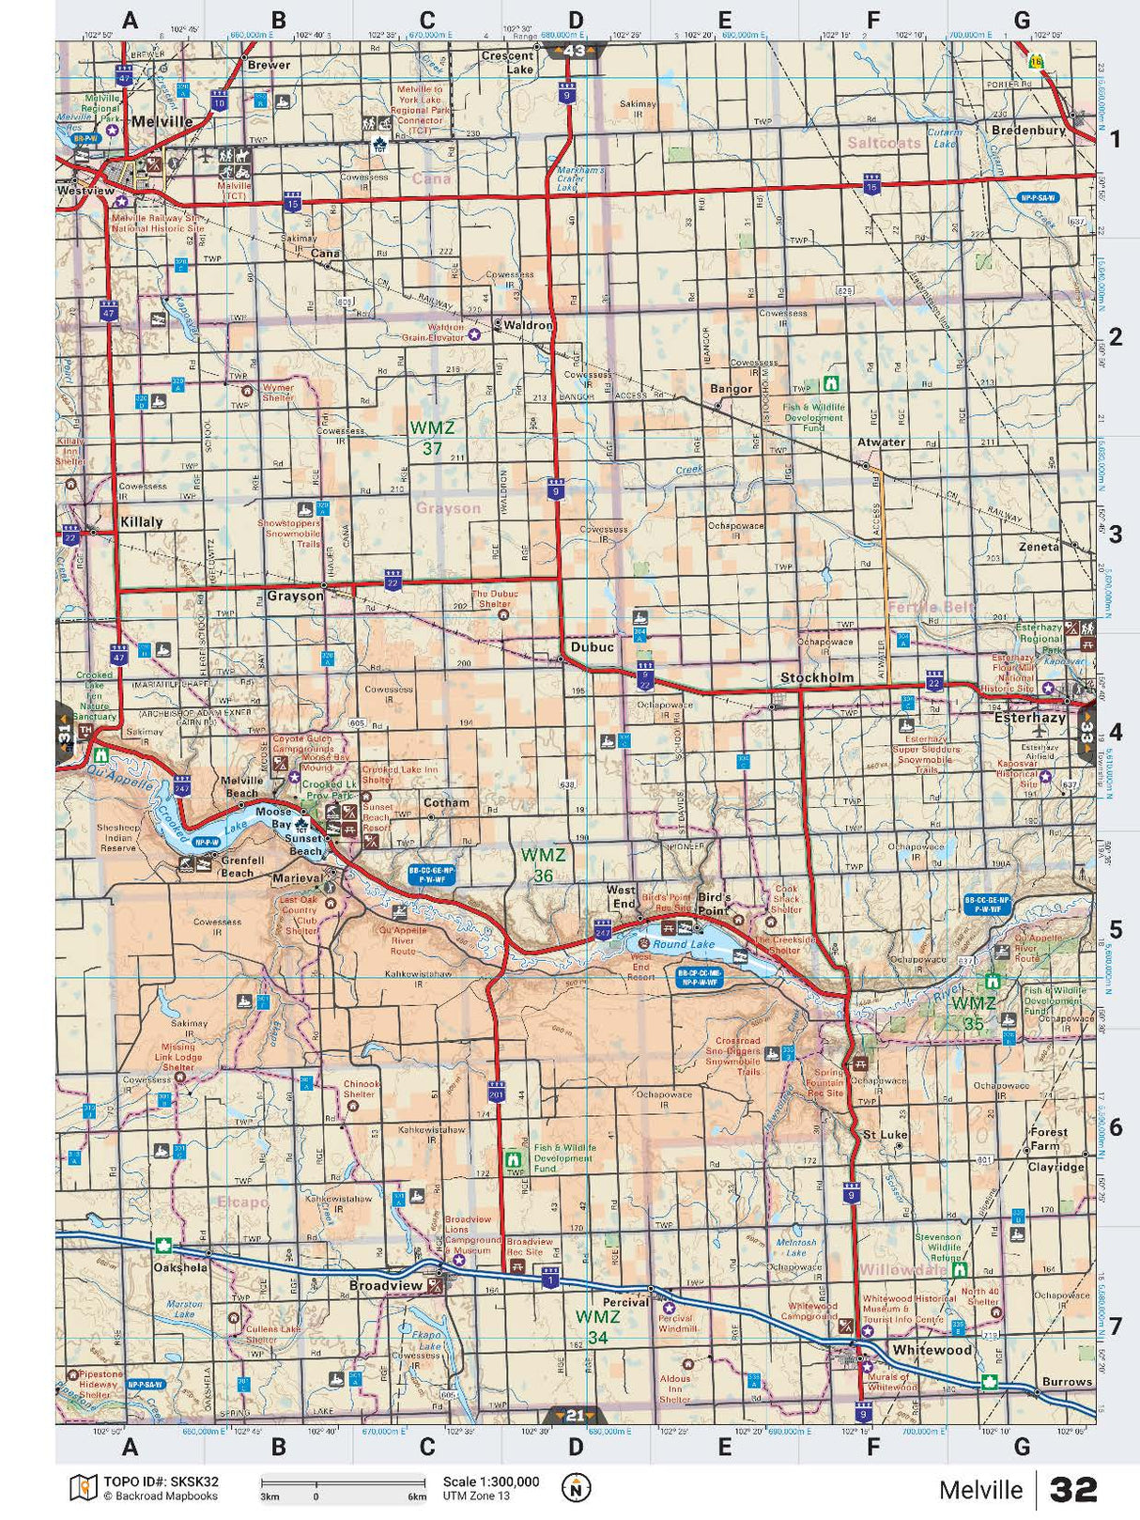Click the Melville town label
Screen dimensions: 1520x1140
click(162, 121)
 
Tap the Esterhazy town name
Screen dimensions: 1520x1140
click(1029, 717)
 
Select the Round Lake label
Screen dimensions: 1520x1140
click(684, 944)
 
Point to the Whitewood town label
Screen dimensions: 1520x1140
click(932, 1350)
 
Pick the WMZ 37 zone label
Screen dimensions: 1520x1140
click(432, 438)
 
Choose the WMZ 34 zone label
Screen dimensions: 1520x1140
click(598, 1326)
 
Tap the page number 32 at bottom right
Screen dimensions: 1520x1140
click(1073, 1489)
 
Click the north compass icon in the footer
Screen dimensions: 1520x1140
click(576, 1488)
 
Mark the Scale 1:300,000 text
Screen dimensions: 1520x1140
click(491, 1482)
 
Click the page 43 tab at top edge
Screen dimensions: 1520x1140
click(574, 51)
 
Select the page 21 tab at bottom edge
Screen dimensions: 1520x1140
click(575, 1415)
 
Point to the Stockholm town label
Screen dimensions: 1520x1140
click(817, 677)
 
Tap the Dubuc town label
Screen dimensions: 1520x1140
click(592, 646)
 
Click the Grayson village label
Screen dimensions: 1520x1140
click(295, 596)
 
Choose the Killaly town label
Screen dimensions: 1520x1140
click(141, 521)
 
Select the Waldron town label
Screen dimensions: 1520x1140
click(528, 325)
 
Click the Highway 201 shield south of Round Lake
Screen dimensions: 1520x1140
click(497, 1093)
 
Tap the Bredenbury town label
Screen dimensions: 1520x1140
click(1028, 130)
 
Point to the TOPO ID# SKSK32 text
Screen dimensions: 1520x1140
click(161, 1482)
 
